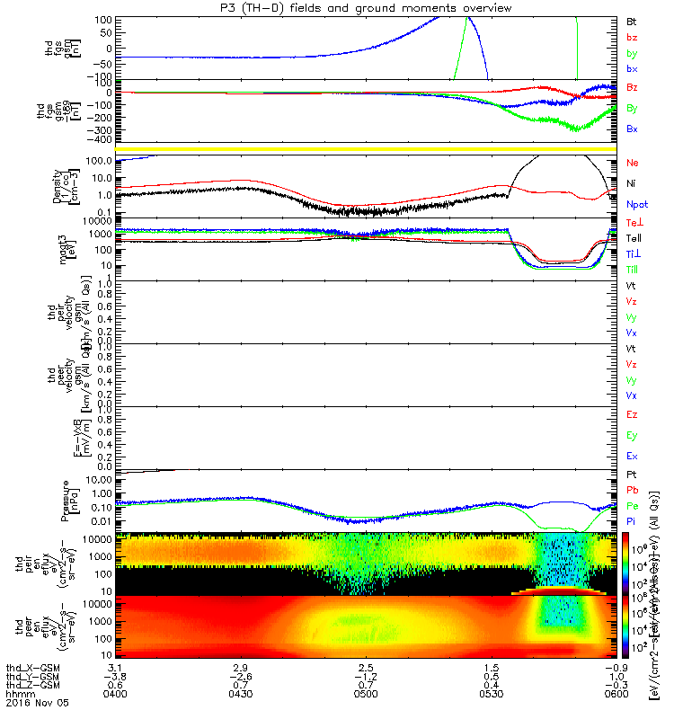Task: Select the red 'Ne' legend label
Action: coord(632,163)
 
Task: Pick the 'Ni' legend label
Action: coord(631,183)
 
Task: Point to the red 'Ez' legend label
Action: coord(631,415)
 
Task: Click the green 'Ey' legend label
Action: coord(631,436)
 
